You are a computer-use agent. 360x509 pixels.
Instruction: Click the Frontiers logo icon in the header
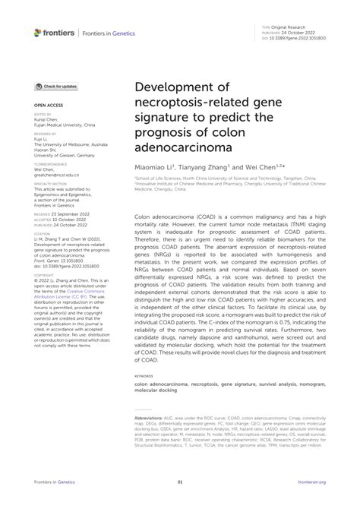pyautogui.click(x=37, y=32)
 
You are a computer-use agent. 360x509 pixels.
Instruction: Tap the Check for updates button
pyautogui.click(x=55, y=87)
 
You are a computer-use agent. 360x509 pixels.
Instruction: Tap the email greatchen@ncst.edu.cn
pyautogui.click(x=55, y=174)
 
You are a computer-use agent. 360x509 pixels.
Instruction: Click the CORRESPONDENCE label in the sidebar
pyautogui.click(x=46, y=163)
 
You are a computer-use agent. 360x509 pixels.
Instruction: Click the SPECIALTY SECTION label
pyautogui.click(x=47, y=182)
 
